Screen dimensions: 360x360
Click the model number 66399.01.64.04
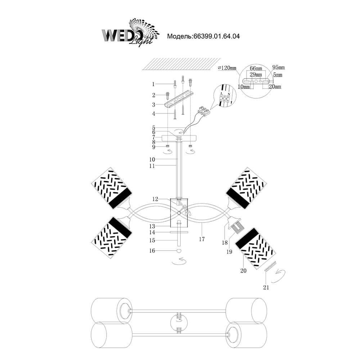(216, 36)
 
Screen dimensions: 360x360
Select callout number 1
(153, 84)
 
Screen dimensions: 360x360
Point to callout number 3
(153, 105)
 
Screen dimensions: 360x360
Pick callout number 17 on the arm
(202, 239)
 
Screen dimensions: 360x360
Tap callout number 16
(153, 251)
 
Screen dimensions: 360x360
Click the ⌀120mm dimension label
(227, 68)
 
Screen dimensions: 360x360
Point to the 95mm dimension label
(278, 67)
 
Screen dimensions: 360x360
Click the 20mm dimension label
(275, 87)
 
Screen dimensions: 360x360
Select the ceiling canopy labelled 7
(180, 138)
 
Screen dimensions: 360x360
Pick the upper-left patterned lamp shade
(110, 189)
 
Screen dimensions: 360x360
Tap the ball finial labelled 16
(178, 251)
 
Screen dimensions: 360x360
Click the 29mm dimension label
(256, 74)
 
